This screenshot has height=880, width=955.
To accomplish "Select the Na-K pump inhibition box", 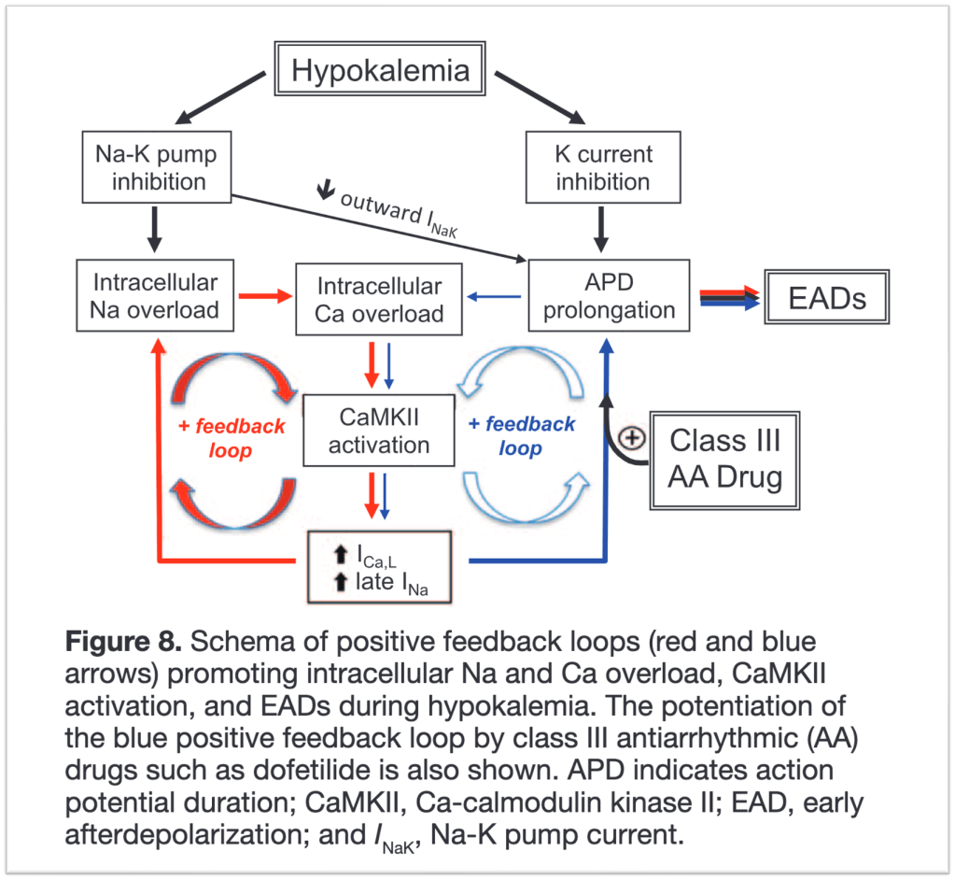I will coord(157,166).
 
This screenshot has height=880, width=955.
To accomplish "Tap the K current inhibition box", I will coord(602,166).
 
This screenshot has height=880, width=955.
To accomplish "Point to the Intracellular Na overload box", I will coord(155,295).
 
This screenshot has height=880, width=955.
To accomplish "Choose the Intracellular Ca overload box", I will coord(379,298).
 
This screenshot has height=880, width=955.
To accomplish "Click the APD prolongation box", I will coord(609,295).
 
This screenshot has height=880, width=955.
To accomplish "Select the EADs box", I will coord(827,297).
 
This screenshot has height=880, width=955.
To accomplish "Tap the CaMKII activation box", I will coord(379,430).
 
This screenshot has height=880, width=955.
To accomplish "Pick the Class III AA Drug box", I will coord(725,459).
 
